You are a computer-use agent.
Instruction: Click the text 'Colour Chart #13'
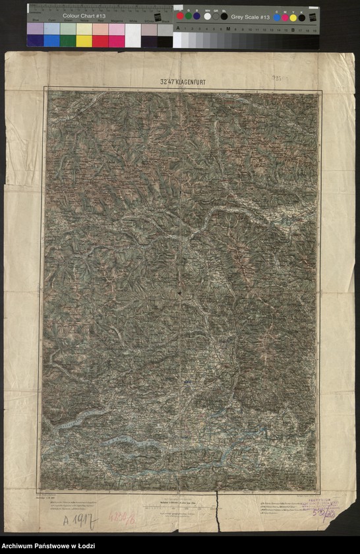point(84,15)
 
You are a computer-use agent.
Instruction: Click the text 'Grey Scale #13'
point(250,16)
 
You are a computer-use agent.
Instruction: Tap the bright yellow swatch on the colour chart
point(84,41)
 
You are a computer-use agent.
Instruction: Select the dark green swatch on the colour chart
point(68,41)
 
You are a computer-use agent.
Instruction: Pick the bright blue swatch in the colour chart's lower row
point(51,41)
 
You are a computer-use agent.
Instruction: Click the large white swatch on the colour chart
point(133,35)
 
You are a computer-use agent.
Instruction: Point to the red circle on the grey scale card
point(180,16)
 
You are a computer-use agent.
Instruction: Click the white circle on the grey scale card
point(207,16)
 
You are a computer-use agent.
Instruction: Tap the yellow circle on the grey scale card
point(293,17)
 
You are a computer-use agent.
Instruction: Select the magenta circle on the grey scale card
point(285,17)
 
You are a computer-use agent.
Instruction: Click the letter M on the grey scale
point(228,29)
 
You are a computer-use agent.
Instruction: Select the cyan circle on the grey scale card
point(276,17)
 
